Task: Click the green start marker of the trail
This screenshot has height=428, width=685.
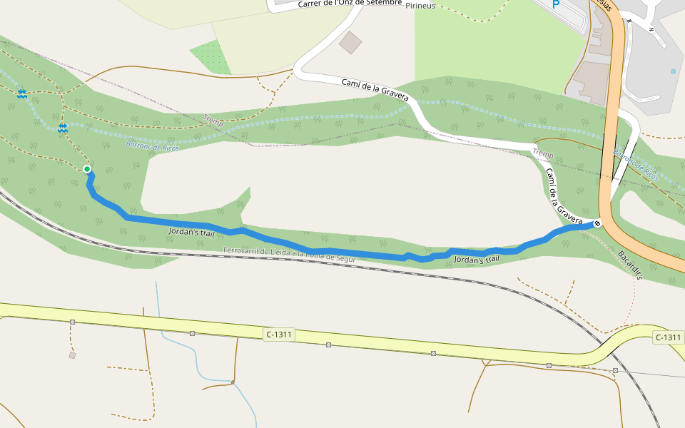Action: coord(87,169)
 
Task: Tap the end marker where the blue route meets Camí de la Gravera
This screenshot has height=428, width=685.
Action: coord(597,223)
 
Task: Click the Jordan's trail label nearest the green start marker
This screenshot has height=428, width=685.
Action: coord(191,232)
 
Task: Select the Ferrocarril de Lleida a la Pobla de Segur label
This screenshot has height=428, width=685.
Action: coord(289,254)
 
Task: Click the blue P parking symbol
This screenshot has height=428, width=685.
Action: coord(556,4)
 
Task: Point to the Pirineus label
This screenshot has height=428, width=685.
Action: coord(420,6)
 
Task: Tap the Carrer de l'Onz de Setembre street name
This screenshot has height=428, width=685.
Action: coord(350,4)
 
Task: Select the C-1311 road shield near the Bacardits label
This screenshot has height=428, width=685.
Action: coord(668,337)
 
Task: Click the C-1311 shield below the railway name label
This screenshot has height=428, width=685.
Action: coord(279,334)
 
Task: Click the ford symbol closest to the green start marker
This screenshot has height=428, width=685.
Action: coord(63,128)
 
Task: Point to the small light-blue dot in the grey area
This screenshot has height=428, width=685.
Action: coord(673,71)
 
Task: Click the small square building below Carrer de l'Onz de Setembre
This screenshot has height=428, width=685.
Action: coord(350,42)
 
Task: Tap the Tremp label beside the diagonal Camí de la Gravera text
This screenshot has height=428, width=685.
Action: coord(543,154)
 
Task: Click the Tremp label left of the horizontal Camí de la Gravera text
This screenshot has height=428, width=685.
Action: coord(213,121)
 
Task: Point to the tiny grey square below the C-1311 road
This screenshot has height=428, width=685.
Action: coord(72,355)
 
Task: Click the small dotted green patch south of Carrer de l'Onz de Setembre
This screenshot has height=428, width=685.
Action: coord(210,56)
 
